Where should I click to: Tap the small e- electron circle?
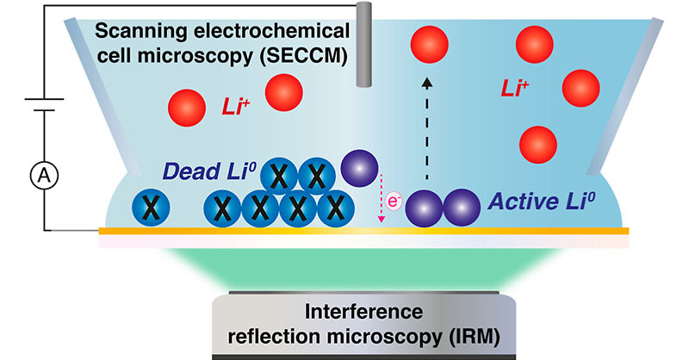[394, 203]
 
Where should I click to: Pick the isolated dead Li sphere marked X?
[148, 208]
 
